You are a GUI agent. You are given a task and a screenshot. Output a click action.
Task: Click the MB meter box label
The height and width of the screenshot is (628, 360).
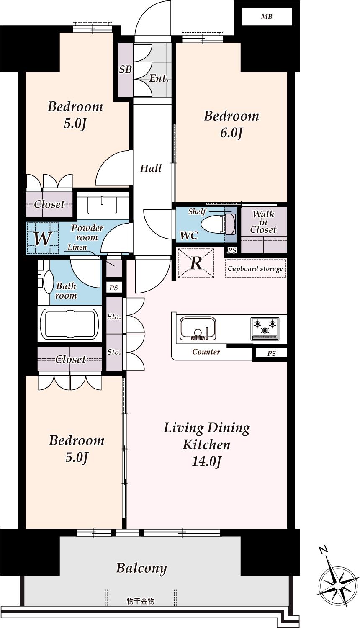pyautogui.click(x=266, y=17)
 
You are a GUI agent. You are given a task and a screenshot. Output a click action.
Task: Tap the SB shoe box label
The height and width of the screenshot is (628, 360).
pyautogui.click(x=125, y=69)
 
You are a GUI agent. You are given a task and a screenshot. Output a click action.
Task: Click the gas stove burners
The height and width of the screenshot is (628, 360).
pyautogui.click(x=265, y=329)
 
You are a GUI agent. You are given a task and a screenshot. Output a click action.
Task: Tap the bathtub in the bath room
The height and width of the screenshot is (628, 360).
pyautogui.click(x=69, y=324)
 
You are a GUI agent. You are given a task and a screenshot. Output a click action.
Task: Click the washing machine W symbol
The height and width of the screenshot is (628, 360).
pyautogui.click(x=43, y=239)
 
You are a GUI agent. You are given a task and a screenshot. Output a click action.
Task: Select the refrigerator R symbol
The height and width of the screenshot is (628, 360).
pyautogui.click(x=196, y=263)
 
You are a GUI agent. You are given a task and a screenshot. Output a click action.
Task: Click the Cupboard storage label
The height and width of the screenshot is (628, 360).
pyautogui.click(x=255, y=269)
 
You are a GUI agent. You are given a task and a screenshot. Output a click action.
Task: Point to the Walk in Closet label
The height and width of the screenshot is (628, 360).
pyautogui.click(x=263, y=222)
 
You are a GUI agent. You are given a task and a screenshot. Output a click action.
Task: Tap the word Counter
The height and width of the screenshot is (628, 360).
pyautogui.click(x=206, y=352)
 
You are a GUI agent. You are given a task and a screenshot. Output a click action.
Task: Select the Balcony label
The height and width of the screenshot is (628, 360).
pyautogui.click(x=141, y=568)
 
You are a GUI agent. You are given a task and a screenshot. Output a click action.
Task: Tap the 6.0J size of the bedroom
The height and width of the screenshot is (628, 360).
pyautogui.click(x=231, y=133)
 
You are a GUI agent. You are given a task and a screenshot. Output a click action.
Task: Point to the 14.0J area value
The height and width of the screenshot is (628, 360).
pyautogui.click(x=207, y=461)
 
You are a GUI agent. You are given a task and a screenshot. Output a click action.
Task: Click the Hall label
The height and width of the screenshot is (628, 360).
pyautogui.click(x=151, y=168)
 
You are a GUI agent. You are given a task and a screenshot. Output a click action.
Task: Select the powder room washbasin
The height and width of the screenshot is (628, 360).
pyautogui.click(x=102, y=205)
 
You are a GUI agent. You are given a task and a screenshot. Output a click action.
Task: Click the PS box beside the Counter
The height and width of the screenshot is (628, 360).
pyautogui.click(x=271, y=353)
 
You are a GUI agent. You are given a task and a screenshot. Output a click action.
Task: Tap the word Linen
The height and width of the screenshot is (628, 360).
pyautogui.click(x=77, y=247)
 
